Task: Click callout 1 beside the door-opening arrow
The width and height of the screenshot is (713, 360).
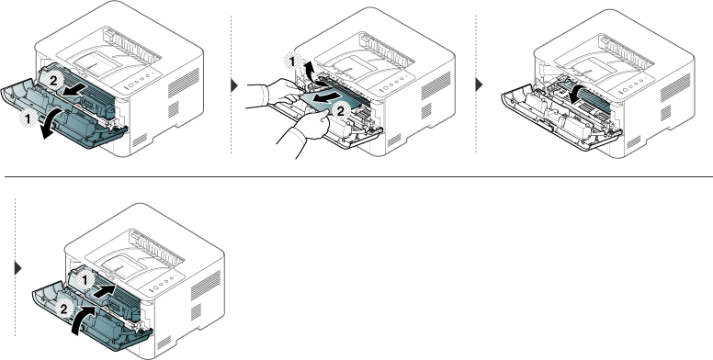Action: (28, 119)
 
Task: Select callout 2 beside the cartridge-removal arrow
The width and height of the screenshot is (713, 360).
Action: (53, 81)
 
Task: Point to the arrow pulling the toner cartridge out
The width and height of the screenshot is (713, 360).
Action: (73, 91)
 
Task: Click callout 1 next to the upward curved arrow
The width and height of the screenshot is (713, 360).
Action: (293, 62)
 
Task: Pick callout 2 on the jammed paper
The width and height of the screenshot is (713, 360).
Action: (341, 109)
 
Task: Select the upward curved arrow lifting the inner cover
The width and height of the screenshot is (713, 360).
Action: (310, 72)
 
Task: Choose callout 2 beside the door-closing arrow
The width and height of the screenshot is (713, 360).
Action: (63, 309)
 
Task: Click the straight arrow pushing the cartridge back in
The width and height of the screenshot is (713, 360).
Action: (104, 291)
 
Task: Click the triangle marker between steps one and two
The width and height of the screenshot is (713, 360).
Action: (234, 85)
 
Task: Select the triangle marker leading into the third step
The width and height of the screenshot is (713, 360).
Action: (479, 84)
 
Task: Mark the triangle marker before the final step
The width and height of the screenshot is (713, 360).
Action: (18, 268)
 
